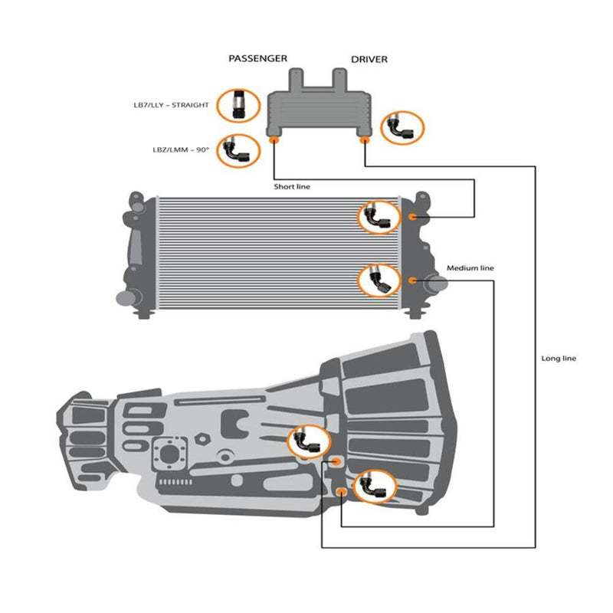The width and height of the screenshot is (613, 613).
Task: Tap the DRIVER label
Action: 369,59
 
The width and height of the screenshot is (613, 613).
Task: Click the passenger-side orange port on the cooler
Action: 274,140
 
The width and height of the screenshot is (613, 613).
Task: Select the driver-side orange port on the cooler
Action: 365,140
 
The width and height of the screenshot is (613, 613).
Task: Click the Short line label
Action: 292,186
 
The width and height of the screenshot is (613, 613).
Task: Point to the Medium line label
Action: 470,268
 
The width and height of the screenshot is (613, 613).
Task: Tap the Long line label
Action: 559,359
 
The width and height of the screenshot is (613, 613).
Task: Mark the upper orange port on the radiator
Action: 413,217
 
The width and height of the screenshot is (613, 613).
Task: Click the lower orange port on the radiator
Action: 413,280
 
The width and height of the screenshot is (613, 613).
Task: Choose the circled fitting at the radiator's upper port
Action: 379,218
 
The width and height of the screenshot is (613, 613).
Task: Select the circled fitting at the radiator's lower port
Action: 379,280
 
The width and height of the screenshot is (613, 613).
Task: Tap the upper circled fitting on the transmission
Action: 309,442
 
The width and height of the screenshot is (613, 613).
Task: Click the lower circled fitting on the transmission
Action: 375,486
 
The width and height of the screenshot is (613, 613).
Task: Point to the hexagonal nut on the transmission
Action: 203,440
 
